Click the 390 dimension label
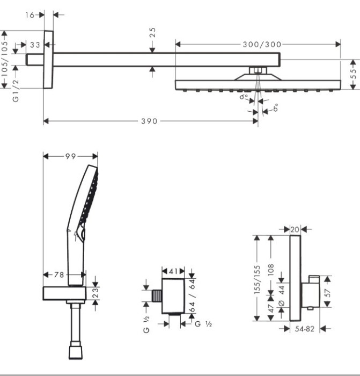tap(149, 121)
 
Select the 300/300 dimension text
tap(262, 45)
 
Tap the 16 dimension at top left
tap(30, 15)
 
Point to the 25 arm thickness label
tap(152, 32)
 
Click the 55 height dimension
tap(353, 74)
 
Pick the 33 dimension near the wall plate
tap(35, 45)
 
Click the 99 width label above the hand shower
tap(70, 156)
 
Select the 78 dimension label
tap(58, 274)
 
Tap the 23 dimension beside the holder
tap(95, 293)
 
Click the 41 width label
tap(173, 271)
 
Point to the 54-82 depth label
tap(304, 329)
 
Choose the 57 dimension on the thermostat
tap(328, 293)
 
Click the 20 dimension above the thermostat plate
tap(295, 229)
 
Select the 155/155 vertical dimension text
tap(257, 280)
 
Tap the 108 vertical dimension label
tap(271, 270)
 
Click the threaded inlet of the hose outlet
tap(157, 296)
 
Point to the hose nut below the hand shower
tap(76, 352)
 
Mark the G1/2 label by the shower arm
tap(16, 91)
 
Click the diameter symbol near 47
tap(282, 303)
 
